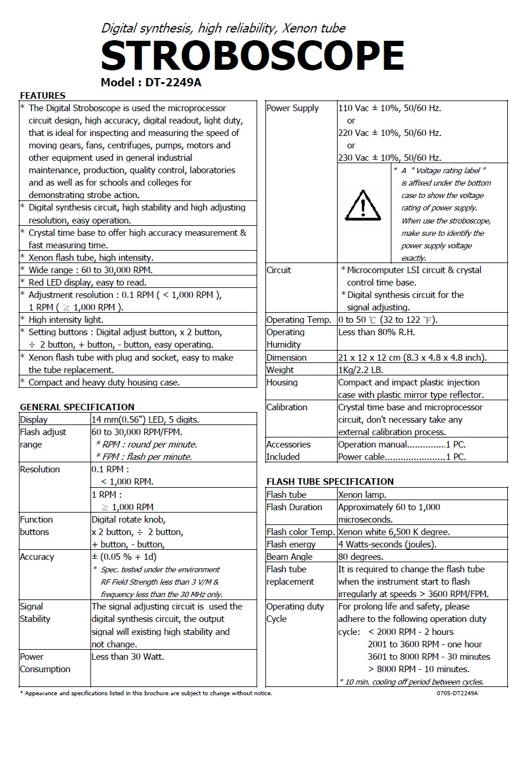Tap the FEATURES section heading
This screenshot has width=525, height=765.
click(x=43, y=96)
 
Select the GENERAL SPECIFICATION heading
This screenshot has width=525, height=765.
click(x=77, y=407)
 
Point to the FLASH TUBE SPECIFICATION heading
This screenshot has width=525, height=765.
click(x=330, y=481)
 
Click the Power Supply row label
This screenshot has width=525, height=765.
click(x=293, y=108)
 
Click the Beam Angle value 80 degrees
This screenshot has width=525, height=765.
click(x=361, y=557)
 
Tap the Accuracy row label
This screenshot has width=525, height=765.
click(x=37, y=557)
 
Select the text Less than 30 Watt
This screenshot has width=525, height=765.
click(x=128, y=656)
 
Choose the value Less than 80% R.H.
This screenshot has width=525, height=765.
click(x=377, y=332)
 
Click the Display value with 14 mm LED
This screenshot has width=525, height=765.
click(x=145, y=420)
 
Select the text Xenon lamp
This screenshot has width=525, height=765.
click(x=362, y=495)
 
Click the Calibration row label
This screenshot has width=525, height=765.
click(x=287, y=407)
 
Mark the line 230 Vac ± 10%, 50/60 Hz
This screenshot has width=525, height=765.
click(x=390, y=158)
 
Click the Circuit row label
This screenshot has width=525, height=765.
click(x=278, y=270)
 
